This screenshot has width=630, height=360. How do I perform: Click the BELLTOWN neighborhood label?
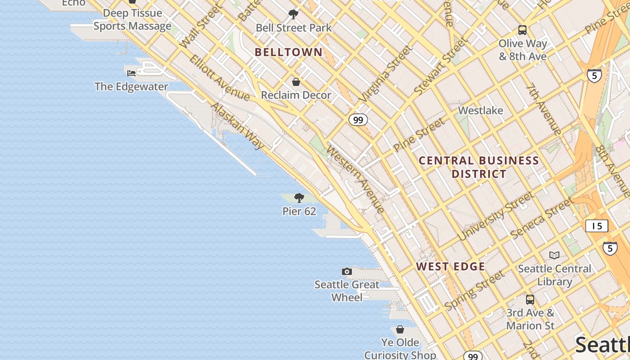288,52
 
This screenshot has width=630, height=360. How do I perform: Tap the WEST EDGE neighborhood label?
450,266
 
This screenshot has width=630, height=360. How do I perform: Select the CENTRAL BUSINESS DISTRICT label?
479,167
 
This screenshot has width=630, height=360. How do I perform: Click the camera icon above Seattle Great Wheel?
347,271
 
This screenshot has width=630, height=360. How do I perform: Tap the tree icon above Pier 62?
299,198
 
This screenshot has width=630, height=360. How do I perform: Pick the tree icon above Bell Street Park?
293,14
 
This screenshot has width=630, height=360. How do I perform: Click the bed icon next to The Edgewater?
131,73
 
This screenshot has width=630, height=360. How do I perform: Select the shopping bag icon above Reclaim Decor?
296,82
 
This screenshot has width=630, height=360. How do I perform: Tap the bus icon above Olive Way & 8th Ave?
522,30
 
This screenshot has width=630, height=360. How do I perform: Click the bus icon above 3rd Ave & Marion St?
530,299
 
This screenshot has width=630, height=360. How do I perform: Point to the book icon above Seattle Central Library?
554,255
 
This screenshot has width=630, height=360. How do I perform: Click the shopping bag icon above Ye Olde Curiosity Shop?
400,329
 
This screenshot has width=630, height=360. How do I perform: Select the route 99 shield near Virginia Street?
358,120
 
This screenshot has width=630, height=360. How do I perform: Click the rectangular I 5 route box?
597,226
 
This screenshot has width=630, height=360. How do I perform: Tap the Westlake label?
480,110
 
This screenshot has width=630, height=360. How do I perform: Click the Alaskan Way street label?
238,126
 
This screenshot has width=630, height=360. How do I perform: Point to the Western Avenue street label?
355,179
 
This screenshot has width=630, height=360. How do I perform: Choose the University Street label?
496,216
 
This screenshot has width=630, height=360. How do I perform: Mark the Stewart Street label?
441,67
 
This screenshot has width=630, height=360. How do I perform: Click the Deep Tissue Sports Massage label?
132,19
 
